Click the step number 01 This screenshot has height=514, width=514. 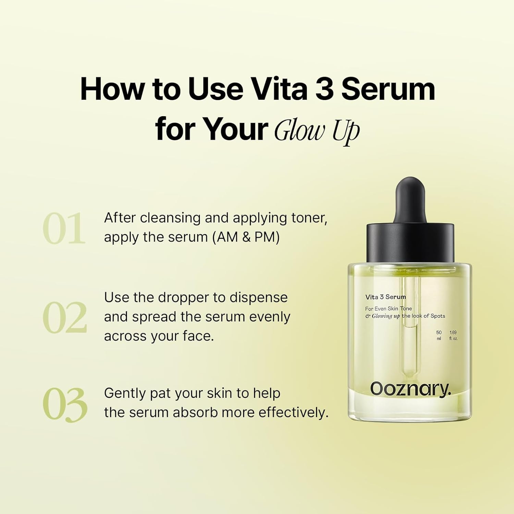pos(64,228)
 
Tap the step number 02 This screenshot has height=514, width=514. pos(65,318)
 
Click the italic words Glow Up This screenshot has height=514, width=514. pos(317,131)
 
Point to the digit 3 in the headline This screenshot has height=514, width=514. pos(324,89)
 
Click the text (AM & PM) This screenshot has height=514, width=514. pos(246,237)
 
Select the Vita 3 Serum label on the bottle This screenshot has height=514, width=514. pos(385,297)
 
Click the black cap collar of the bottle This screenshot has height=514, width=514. pos(410,243)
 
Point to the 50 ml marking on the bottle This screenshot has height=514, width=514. pos(439,335)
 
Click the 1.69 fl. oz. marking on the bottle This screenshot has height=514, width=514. pos(453,335)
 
